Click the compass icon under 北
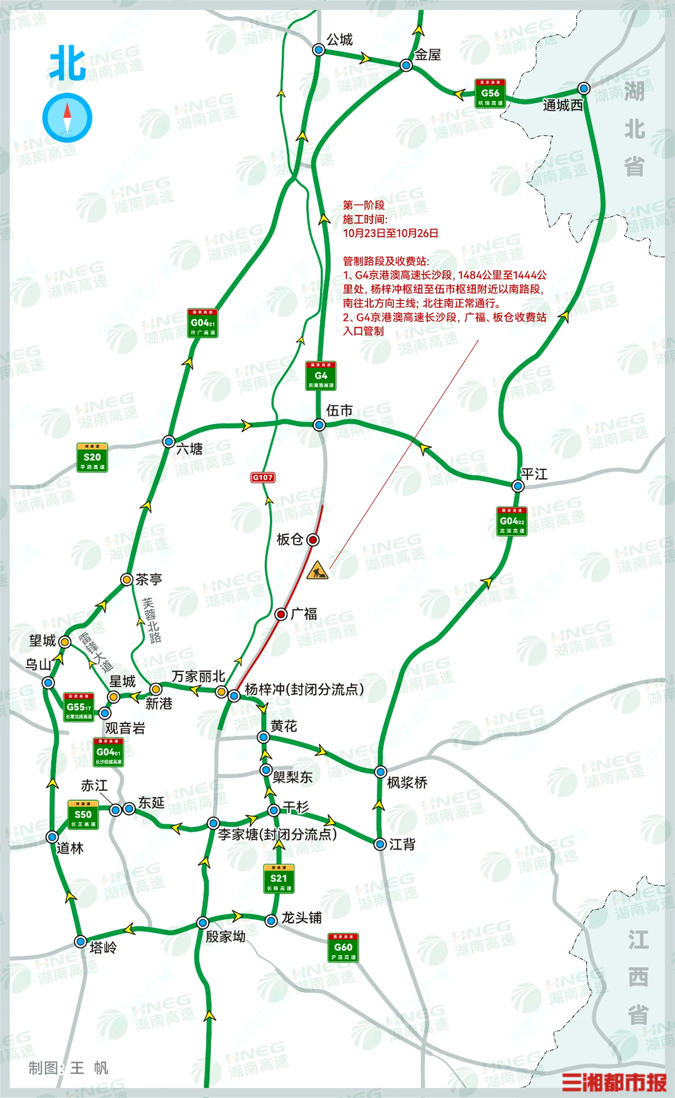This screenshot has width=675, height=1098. point(67,117)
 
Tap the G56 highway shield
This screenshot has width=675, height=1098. point(490,94)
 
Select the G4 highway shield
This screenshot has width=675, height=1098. point(321,376)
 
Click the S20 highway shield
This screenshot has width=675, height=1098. point(92,457)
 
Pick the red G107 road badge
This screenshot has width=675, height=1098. point(262,477)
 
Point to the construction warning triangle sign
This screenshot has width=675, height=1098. point(317,570)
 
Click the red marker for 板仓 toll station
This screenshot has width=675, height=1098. point(313,539)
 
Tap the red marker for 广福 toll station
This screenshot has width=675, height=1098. point(281,614)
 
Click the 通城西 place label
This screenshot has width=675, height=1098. point(562,106)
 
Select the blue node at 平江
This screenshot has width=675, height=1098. point(517,486)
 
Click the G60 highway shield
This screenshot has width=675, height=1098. point(343,948)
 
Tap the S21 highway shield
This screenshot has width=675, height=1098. point(279,879)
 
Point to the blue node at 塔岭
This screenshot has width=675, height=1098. point(80,942)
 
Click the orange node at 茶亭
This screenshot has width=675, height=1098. point(127,580)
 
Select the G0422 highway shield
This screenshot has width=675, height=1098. point(512,522)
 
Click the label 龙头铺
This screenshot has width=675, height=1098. point(302,917)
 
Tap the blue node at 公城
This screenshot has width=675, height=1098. point(319,49)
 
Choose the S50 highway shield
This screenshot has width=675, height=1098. point(83,815)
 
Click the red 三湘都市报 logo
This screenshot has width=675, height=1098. point(614,1082)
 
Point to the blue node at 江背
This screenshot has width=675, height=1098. point(380,844)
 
